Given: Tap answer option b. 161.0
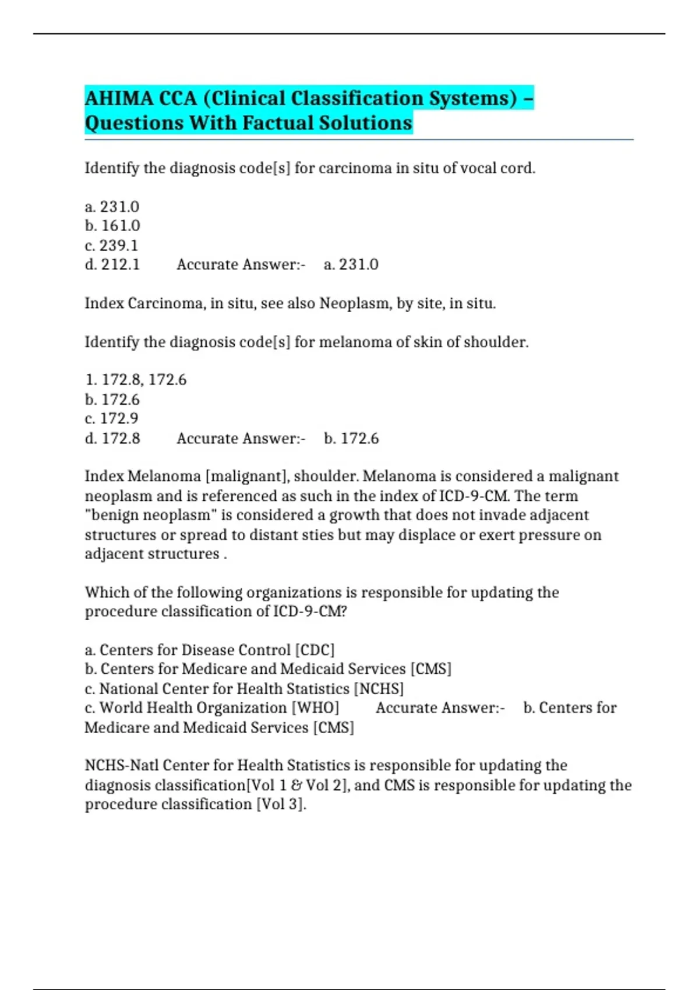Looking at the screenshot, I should pyautogui.click(x=112, y=226).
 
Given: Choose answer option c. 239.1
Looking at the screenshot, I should pyautogui.click(x=111, y=245).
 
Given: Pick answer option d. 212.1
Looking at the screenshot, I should pyautogui.click(x=112, y=264).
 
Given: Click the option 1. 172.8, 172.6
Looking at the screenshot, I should pyautogui.click(x=136, y=380).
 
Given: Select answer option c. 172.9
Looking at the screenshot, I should pyautogui.click(x=111, y=419).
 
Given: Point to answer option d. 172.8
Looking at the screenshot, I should pyautogui.click(x=112, y=438).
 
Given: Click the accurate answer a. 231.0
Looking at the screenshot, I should pyautogui.click(x=351, y=264).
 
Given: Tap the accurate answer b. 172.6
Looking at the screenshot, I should pyautogui.click(x=351, y=438).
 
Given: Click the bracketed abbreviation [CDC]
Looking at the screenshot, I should pyautogui.click(x=315, y=650).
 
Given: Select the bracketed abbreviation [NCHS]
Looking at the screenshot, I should pyautogui.click(x=379, y=689).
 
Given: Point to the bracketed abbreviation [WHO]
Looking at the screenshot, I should pyautogui.click(x=315, y=708).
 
